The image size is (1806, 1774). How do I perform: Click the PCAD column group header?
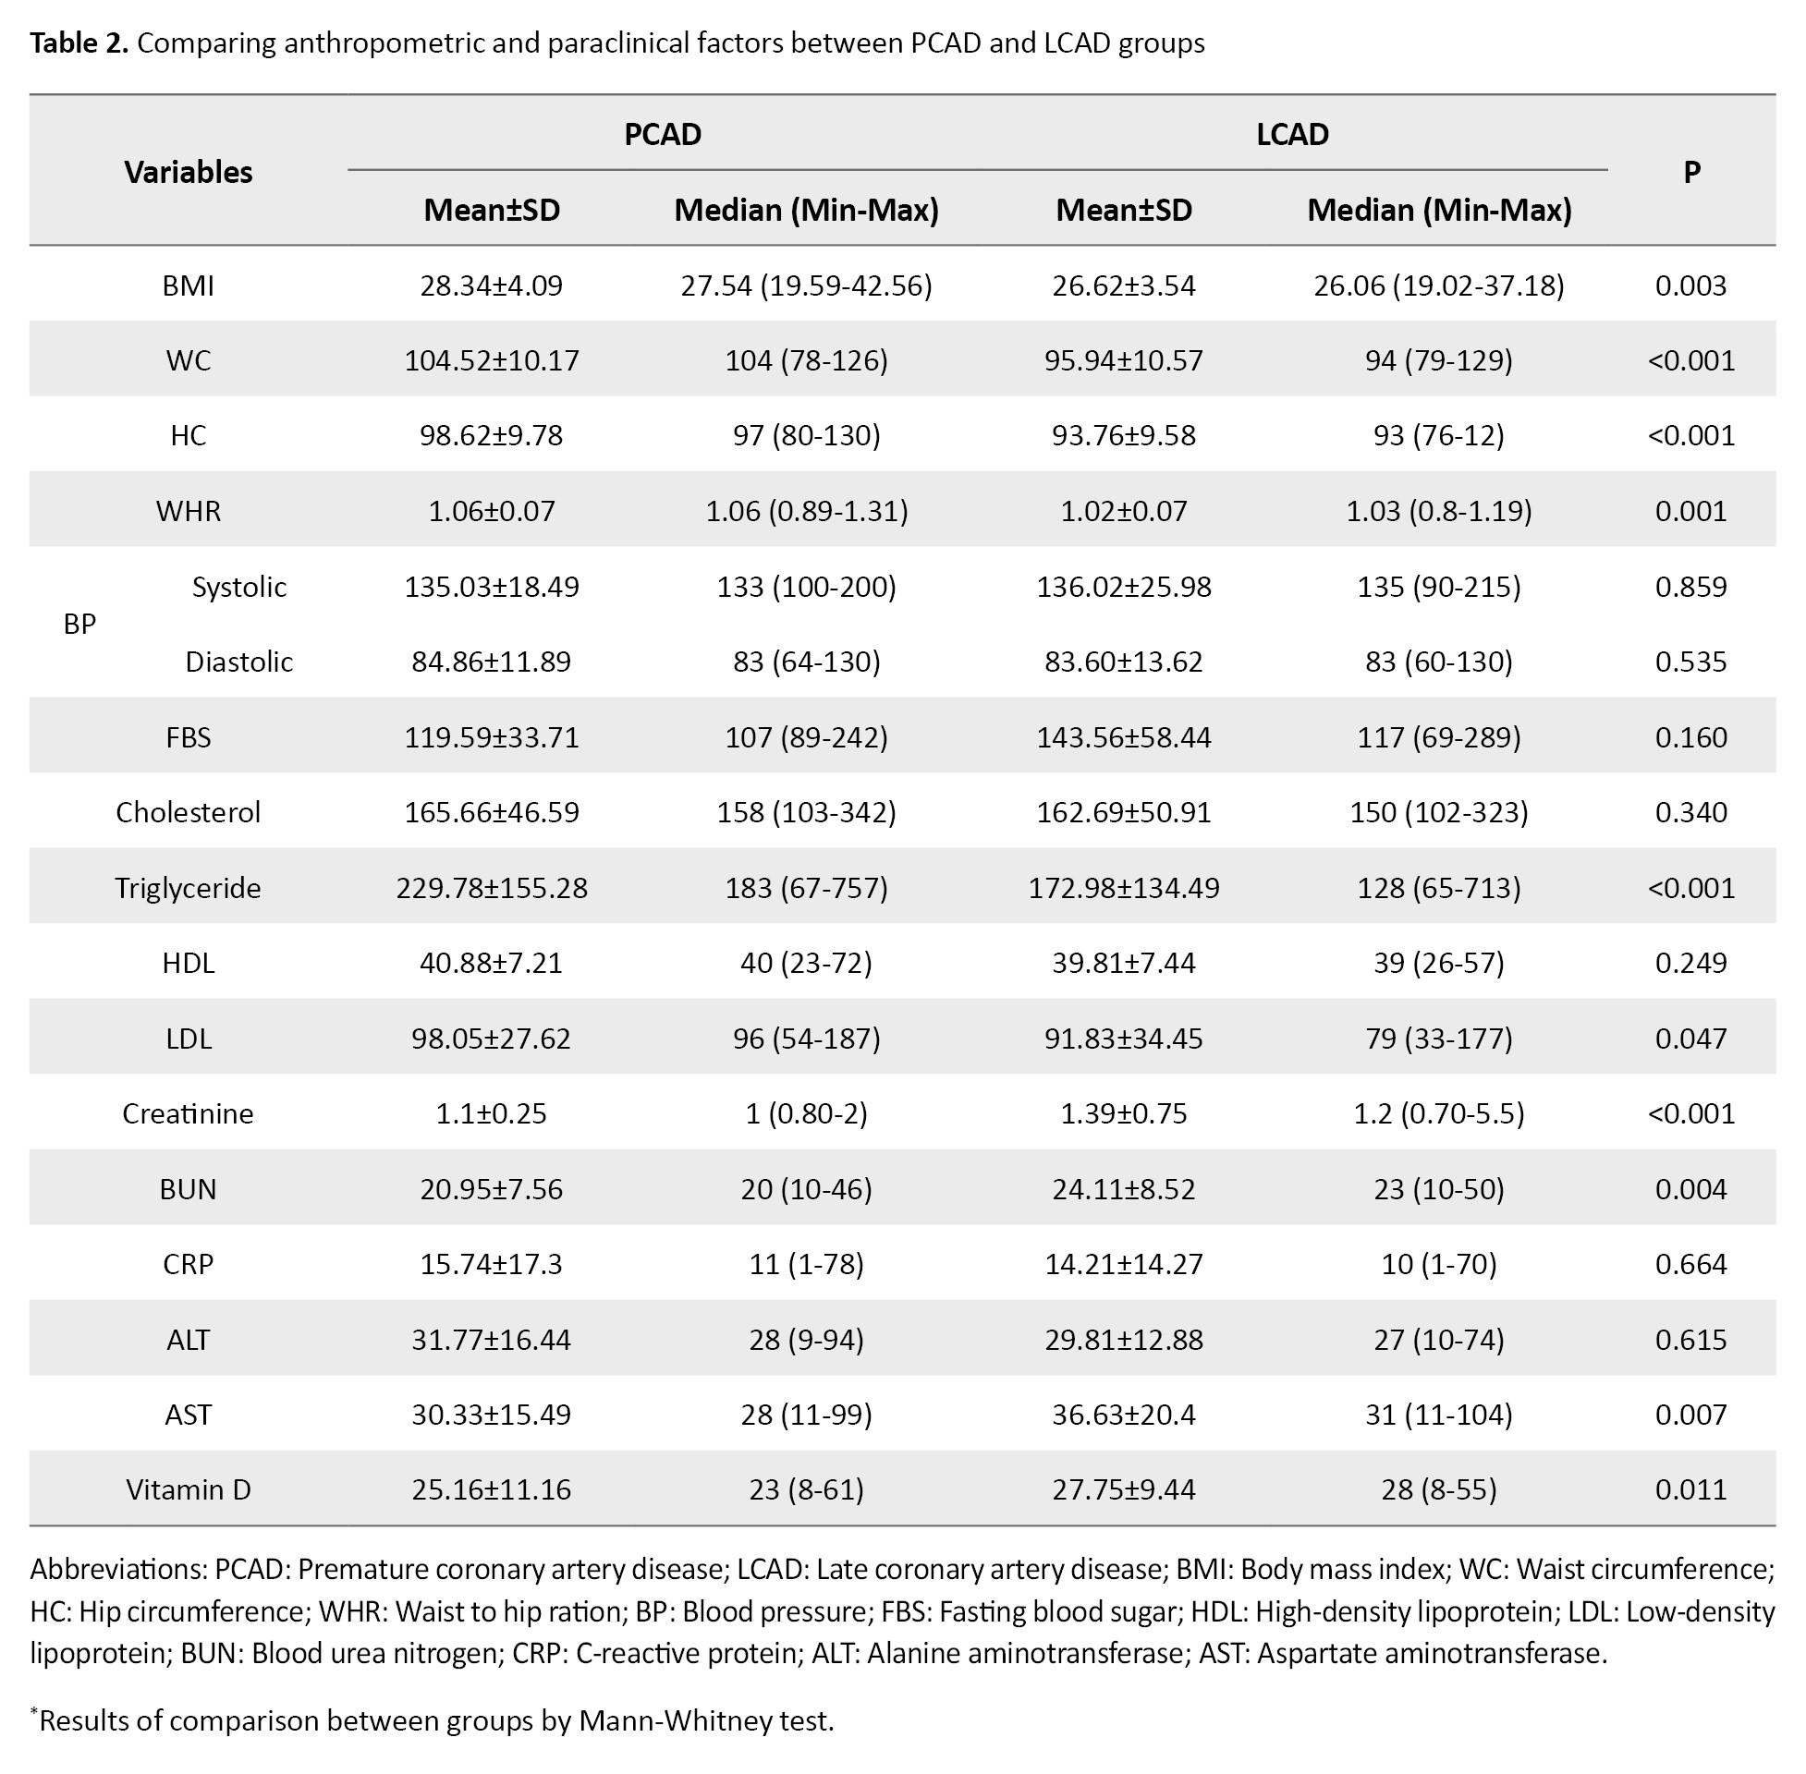(x=662, y=134)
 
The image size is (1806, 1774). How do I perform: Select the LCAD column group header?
(x=1291, y=134)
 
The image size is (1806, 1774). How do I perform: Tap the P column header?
(x=1691, y=172)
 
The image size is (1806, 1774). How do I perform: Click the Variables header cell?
(x=189, y=172)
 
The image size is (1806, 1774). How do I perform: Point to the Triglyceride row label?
(x=189, y=888)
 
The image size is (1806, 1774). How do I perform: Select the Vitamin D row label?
(x=189, y=1488)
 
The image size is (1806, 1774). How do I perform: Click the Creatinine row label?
(x=189, y=1113)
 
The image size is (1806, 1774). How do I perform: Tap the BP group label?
(x=79, y=624)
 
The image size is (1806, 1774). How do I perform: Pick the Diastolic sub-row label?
(x=239, y=662)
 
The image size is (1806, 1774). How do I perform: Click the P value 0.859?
(x=1691, y=586)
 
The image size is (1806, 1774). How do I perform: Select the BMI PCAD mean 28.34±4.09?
(x=491, y=286)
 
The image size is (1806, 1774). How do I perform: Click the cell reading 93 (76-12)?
(x=1439, y=435)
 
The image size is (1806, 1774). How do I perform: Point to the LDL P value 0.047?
(x=1691, y=1038)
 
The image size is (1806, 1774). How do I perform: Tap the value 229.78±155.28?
(x=491, y=887)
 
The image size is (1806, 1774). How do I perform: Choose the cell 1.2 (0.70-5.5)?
(x=1439, y=1113)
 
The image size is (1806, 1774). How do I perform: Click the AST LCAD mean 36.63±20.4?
(x=1124, y=1415)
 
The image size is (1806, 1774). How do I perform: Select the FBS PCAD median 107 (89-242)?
(x=806, y=737)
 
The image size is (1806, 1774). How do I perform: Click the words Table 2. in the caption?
(x=79, y=43)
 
